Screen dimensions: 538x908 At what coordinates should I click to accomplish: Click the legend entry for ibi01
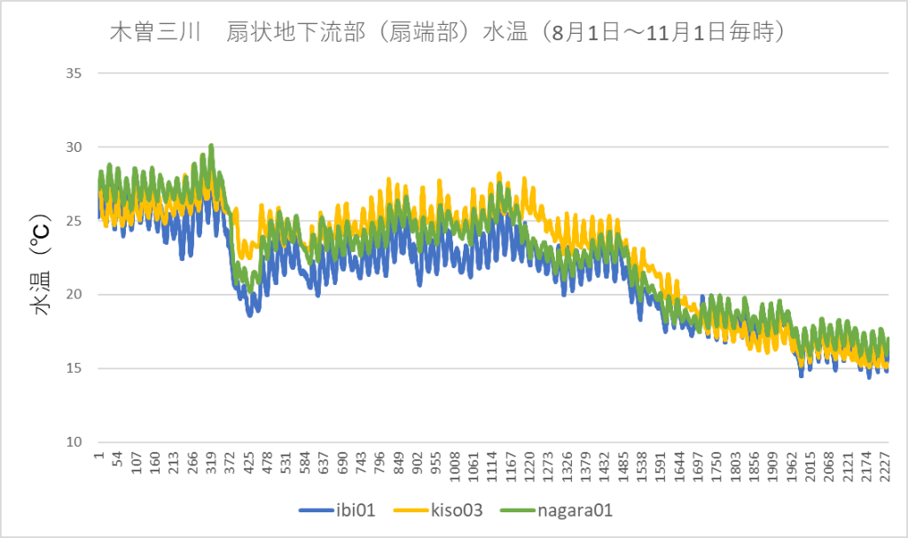pos(341,511)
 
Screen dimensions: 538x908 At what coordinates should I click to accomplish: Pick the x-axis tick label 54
pos(118,464)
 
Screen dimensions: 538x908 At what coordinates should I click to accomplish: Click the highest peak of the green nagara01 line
pos(211,145)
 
